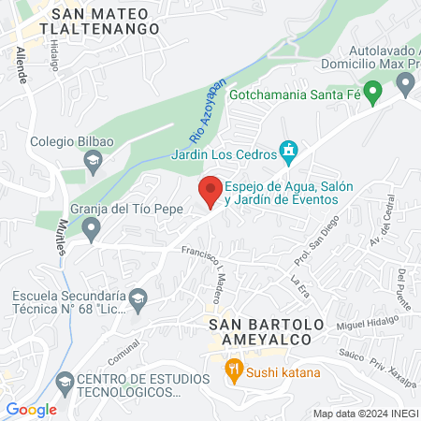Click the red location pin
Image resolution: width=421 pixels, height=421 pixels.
click(x=210, y=192)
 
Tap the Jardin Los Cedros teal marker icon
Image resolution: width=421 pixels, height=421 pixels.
click(x=289, y=151)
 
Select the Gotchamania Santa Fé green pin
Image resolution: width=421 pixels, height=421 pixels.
click(x=372, y=92)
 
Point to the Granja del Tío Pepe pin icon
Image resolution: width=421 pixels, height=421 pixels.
click(x=91, y=227)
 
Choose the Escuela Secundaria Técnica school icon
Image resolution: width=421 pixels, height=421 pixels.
click(x=138, y=299)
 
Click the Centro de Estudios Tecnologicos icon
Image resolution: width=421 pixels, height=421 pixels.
click(x=65, y=382)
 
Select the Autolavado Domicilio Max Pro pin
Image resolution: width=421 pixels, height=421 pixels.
click(x=405, y=85)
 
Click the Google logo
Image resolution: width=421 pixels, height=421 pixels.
click(x=31, y=409)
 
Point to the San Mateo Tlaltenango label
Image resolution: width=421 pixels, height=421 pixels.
click(x=106, y=21)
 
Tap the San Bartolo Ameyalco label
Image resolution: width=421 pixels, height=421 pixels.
click(x=266, y=332)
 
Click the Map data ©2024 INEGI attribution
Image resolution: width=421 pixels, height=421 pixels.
click(x=365, y=414)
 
